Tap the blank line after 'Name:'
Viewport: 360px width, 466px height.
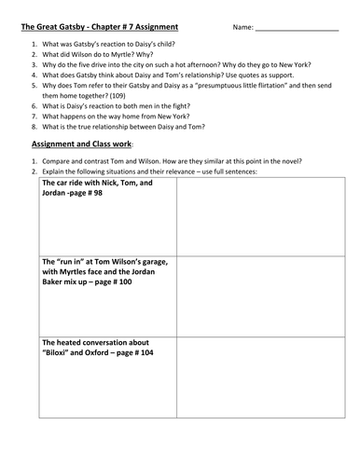click(x=298, y=29)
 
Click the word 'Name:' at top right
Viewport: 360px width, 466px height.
click(x=242, y=27)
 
